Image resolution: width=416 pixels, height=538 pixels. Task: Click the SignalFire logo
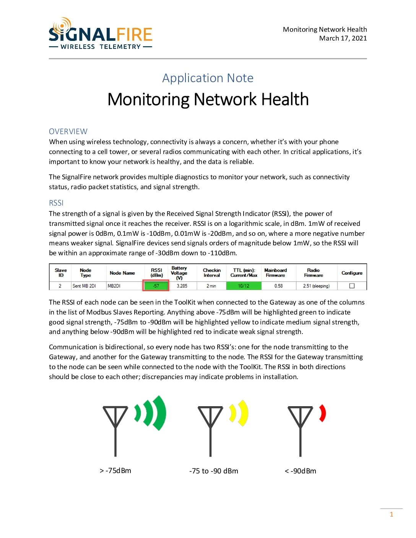pos(101,34)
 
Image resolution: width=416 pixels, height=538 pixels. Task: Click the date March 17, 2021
pos(343,38)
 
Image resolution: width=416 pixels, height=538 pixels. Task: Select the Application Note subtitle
pos(208,78)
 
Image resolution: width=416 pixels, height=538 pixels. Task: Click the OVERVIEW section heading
pos(68,131)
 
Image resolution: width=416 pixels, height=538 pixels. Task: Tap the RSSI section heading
pos(56,203)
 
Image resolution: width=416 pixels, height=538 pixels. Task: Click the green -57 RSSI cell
pos(156,286)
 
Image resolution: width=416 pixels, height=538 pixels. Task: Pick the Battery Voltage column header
pos(179,273)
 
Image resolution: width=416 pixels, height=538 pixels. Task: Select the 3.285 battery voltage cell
pos(182,286)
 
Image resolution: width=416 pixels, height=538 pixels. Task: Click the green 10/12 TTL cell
pos(244,286)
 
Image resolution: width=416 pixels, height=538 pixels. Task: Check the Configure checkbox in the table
pos(352,286)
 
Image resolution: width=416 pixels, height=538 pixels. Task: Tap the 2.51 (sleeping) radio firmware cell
pos(316,286)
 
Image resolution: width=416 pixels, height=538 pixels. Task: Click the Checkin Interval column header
pos(212,272)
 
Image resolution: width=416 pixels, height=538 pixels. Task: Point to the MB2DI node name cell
pos(114,286)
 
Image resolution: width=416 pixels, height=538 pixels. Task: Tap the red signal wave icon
pos(322,413)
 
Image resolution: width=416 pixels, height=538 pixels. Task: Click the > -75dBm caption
pos(115,471)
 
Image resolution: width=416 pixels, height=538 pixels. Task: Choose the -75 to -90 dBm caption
pos(214,471)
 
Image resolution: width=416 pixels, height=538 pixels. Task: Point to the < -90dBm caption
pos(301,471)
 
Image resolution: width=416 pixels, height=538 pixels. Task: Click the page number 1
pos(391,514)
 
